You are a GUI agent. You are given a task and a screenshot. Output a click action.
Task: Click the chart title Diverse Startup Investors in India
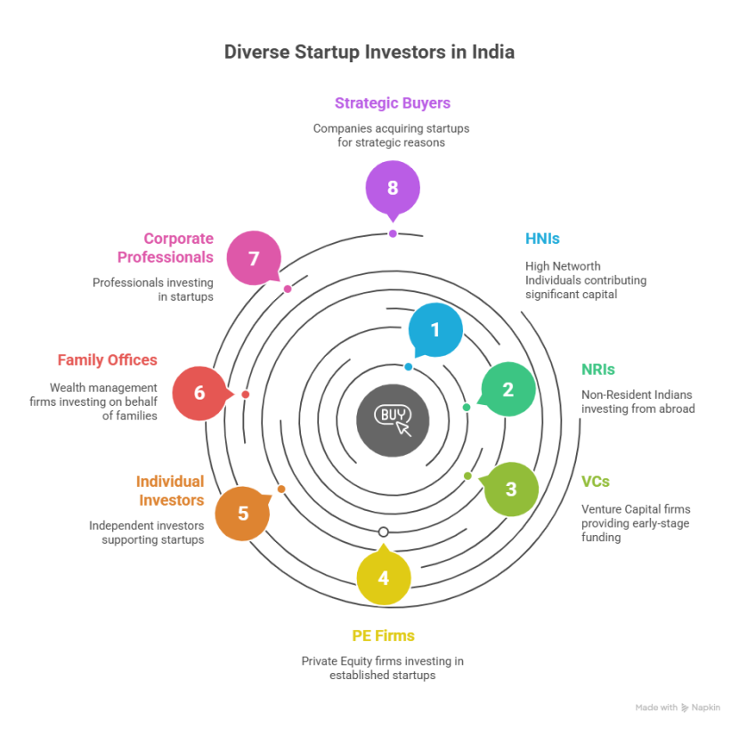tap(369, 52)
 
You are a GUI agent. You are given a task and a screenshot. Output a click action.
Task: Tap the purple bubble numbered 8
tap(393, 188)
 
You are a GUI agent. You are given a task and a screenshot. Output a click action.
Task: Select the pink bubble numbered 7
tap(254, 258)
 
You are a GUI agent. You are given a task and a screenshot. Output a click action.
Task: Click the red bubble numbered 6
tap(199, 393)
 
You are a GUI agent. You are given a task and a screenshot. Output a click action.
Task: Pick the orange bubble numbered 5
tap(243, 514)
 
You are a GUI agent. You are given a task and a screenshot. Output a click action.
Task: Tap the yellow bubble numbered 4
tap(384, 578)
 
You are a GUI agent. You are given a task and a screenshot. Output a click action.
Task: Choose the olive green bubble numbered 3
tap(511, 490)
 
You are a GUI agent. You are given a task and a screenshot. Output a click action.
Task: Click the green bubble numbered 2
tap(508, 389)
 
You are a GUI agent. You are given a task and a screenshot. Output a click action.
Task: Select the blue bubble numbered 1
tap(435, 330)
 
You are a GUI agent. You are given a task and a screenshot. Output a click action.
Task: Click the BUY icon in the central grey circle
tap(393, 420)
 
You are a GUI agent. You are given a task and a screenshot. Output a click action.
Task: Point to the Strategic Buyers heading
tap(393, 103)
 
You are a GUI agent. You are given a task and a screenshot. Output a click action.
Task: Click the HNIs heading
tap(542, 239)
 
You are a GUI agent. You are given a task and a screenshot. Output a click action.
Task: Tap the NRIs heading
tap(598, 369)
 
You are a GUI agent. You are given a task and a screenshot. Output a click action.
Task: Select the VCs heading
tap(596, 482)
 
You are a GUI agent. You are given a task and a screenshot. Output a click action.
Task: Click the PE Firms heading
tap(383, 636)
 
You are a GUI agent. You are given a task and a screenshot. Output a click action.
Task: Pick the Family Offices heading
tap(108, 360)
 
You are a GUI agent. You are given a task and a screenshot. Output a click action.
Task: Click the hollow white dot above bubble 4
tap(384, 532)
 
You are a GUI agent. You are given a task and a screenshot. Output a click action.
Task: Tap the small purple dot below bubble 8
tap(393, 234)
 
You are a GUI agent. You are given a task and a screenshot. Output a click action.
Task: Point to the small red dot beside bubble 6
tap(246, 394)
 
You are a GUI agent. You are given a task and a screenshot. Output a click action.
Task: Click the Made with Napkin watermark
tap(678, 708)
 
